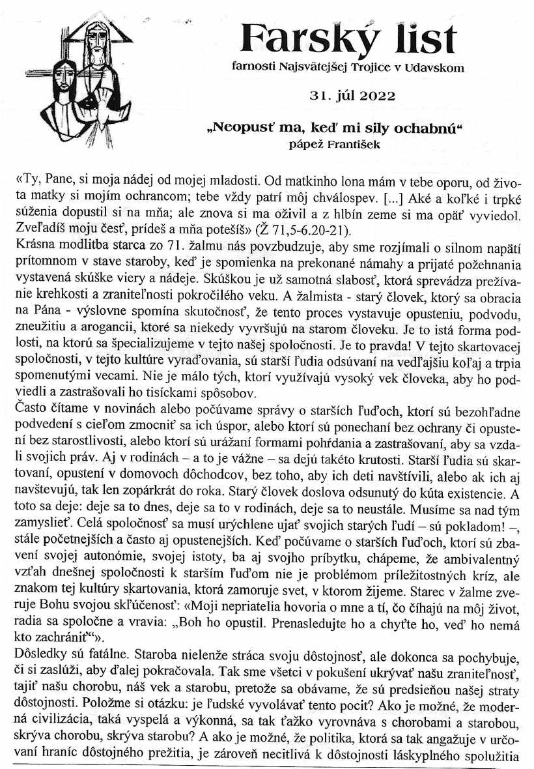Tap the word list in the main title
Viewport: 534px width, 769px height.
pyautogui.click(x=419, y=40)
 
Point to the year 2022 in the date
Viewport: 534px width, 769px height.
pyautogui.click(x=375, y=96)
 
